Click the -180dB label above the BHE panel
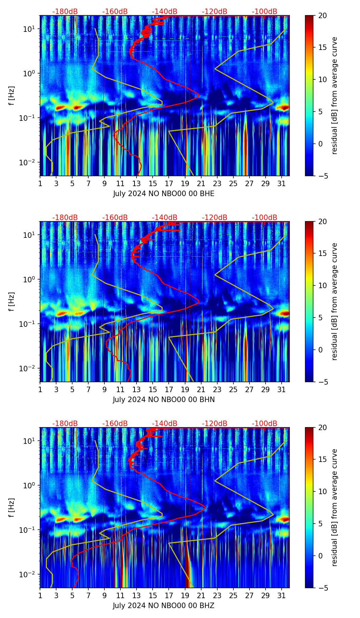coord(65,12)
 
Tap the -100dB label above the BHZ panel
coord(265,424)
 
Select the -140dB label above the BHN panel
coord(165,218)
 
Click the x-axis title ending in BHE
coord(164,194)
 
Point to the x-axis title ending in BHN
coord(164,400)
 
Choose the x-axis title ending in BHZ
coord(164,606)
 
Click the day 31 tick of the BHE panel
coord(282,183)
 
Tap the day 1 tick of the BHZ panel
coord(40,595)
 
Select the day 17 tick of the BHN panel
coord(169,389)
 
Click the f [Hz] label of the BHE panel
coord(12,96)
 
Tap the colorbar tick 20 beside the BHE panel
coord(322,15)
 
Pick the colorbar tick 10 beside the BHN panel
coord(322,285)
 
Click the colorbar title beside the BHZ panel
coord(334,507)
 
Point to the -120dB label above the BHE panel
coord(215,12)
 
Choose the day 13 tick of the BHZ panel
coord(137,595)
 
